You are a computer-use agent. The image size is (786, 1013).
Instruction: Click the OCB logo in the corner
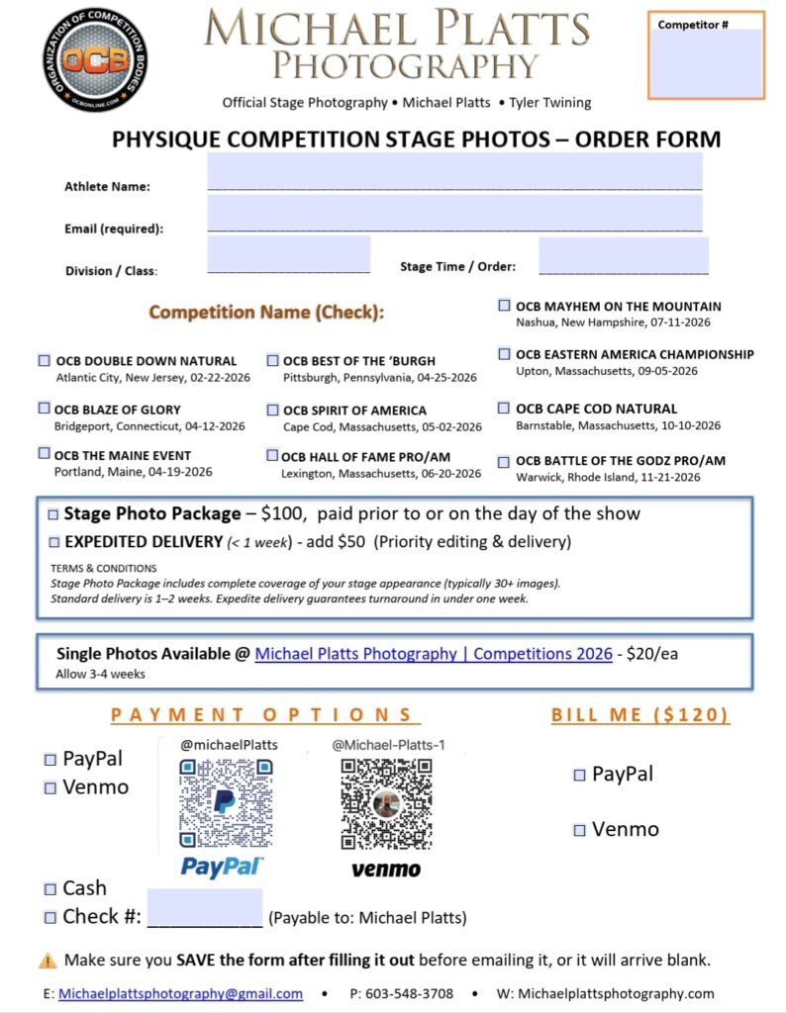[x=95, y=58]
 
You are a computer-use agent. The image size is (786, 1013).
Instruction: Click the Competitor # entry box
[x=707, y=62]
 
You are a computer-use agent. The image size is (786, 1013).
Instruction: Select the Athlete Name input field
[x=454, y=171]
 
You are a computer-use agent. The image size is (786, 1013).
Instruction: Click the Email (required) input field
[x=454, y=213]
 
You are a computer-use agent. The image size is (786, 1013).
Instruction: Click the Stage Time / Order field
[x=624, y=254]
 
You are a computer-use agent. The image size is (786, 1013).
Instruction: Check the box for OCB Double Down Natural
[x=44, y=361]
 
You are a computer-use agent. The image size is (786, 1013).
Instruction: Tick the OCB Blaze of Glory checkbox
[x=44, y=409]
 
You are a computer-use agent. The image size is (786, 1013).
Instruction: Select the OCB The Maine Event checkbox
[x=44, y=454]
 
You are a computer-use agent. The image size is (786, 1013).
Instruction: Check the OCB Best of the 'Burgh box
[x=272, y=361]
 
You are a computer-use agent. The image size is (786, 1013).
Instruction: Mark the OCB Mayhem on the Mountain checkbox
[x=505, y=307]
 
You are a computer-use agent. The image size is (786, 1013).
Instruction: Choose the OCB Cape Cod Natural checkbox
[x=505, y=409]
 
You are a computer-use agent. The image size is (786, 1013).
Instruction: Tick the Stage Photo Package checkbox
[x=52, y=514]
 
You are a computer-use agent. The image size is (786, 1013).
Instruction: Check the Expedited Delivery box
[x=52, y=542]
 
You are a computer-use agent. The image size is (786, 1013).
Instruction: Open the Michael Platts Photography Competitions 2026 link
[x=434, y=654]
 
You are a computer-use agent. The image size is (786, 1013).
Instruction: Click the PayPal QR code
[x=225, y=803]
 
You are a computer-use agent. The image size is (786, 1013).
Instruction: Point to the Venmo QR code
[x=386, y=803]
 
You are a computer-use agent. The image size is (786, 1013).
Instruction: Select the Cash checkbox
[x=50, y=888]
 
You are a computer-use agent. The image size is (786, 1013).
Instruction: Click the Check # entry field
[x=205, y=908]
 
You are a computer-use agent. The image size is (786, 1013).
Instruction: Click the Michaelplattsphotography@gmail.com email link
[x=180, y=993]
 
